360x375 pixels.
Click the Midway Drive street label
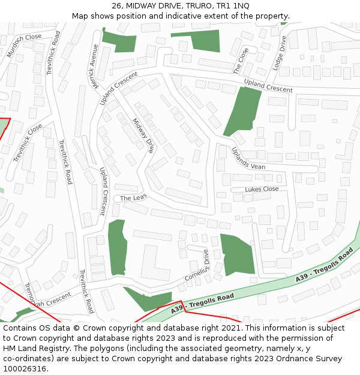143,135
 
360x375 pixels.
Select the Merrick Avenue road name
94,66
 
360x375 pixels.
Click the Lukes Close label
262,189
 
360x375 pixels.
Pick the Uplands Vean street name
248,159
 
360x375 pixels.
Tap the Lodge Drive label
280,53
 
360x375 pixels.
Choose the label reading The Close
241,61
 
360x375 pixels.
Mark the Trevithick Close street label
28,143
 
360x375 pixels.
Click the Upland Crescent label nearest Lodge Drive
268,85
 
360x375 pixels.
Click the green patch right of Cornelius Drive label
237,253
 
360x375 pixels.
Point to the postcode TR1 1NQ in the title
233,5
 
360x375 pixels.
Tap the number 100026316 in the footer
24,368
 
